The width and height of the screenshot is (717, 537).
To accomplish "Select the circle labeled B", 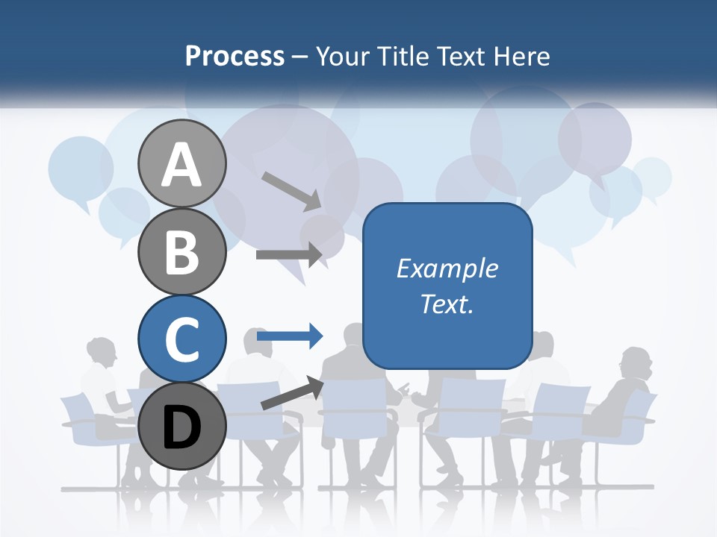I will [x=181, y=251].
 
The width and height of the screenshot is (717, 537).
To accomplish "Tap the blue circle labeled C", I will [x=181, y=339].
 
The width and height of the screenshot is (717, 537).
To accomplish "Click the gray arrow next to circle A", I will [x=291, y=190].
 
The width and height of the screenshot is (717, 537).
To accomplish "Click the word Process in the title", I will [x=235, y=56].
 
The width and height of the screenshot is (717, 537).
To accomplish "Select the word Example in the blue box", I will [x=447, y=268].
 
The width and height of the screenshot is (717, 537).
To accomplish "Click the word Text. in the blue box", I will [x=447, y=304].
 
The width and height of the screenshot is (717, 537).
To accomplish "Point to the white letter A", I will [x=181, y=164].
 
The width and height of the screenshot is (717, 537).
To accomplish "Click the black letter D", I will [x=181, y=427].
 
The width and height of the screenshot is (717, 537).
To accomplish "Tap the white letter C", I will [x=181, y=340].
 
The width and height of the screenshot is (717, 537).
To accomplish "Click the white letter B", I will [x=181, y=252].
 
